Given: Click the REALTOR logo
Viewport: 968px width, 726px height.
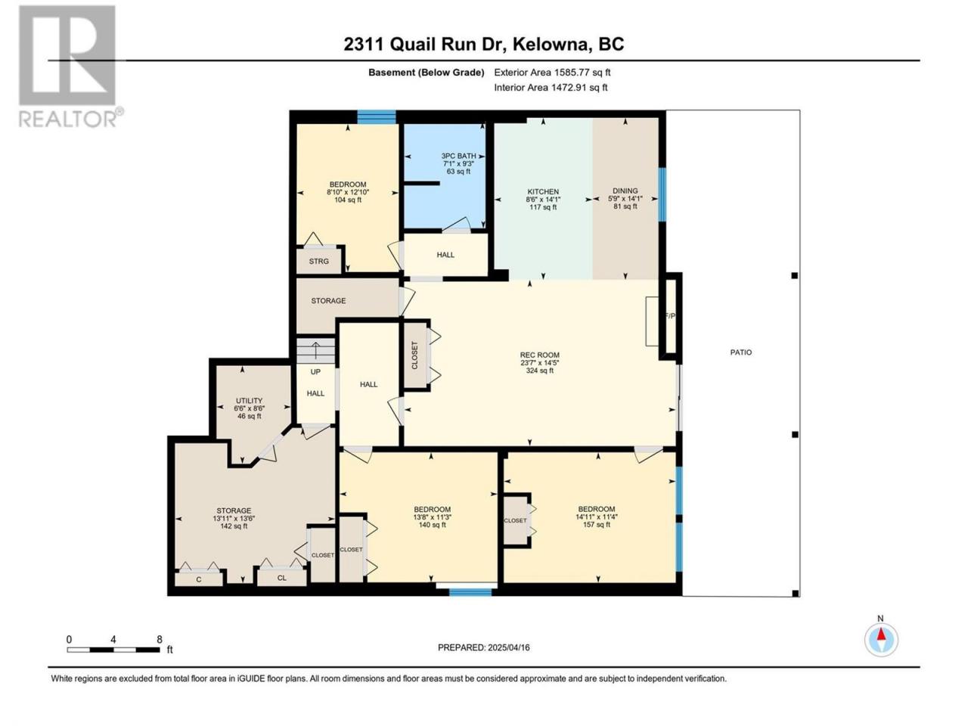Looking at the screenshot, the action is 70,66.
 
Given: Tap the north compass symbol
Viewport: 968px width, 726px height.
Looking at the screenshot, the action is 881,639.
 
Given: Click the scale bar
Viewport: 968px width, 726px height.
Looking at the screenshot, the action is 113,650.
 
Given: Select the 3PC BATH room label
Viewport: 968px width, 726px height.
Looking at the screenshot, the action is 458,163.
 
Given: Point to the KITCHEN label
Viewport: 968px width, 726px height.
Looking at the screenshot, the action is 543,199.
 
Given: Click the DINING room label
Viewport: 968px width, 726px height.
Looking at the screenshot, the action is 625,198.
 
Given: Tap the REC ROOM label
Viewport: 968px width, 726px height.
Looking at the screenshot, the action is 539,362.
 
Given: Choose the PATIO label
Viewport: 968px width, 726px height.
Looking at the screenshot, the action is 741,352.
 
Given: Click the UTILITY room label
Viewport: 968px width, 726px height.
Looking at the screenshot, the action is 249,408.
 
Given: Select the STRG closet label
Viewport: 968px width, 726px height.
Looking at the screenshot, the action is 319,262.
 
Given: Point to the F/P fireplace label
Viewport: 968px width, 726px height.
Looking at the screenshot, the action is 670,315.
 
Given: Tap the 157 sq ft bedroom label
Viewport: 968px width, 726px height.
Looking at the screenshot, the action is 596,517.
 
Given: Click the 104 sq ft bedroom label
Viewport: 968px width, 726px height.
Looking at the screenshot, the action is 348,192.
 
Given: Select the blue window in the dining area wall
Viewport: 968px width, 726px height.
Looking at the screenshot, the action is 662,194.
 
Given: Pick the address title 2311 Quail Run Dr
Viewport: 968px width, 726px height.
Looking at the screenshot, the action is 424,44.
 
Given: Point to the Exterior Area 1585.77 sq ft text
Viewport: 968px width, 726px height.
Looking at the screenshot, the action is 552,73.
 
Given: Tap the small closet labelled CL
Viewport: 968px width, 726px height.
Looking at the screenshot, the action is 282,578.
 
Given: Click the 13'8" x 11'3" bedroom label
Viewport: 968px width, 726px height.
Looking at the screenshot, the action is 432,517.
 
